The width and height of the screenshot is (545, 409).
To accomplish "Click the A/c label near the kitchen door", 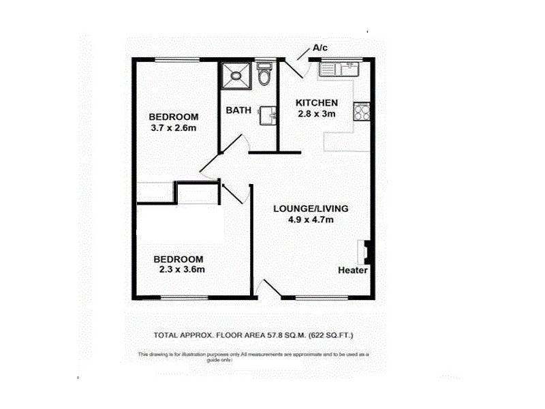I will [x=321, y=48].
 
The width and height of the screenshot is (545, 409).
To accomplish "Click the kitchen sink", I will [x=338, y=67].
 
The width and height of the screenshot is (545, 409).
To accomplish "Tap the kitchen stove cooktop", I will [x=361, y=110].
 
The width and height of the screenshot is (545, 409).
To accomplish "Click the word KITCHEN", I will [x=316, y=103].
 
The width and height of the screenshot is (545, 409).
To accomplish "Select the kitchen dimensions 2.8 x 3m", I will [x=316, y=114].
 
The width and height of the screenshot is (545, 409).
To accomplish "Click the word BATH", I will [x=238, y=110].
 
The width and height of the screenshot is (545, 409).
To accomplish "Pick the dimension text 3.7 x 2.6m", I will [x=174, y=127].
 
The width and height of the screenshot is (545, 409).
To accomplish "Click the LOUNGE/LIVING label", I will [x=311, y=209].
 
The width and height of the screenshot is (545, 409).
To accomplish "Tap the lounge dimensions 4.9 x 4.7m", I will [x=311, y=219].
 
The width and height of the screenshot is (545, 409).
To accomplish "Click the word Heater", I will [x=353, y=271].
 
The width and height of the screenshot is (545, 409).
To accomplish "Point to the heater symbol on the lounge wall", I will [x=365, y=251].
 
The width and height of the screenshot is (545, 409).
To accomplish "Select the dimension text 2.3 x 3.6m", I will [x=178, y=269].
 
